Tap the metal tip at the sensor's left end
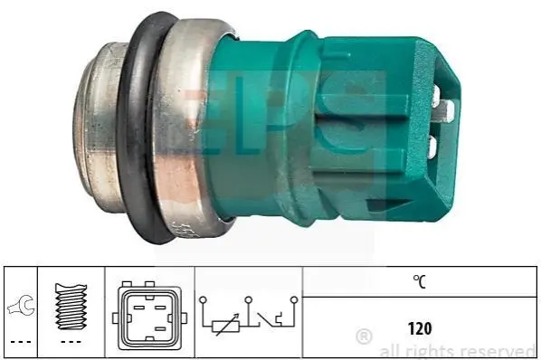coord(95,128)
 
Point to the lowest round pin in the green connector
coord(432,146)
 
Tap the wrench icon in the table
coord(22,305)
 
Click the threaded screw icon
coord(71,306)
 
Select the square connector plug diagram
coord(149,315)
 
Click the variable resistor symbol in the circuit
coord(225,325)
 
